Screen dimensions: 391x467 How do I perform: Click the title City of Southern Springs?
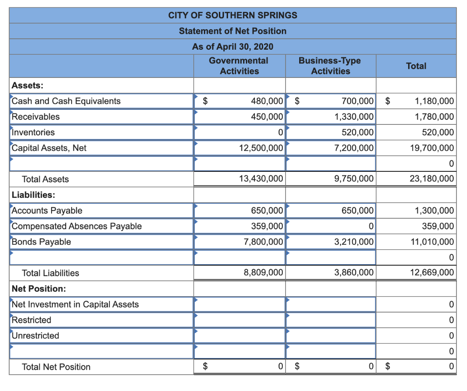pyautogui.click(x=233, y=15)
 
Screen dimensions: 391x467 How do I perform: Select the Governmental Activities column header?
pyautogui.click(x=239, y=66)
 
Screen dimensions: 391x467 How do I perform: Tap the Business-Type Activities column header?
pyautogui.click(x=330, y=66)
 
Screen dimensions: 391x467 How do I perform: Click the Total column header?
pyautogui.click(x=416, y=66)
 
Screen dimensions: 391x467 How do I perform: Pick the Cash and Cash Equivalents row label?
pyautogui.click(x=66, y=101)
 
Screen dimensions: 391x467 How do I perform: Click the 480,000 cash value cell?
pyautogui.click(x=267, y=101)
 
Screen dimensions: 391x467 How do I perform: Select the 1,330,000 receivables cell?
pyautogui.click(x=354, y=117)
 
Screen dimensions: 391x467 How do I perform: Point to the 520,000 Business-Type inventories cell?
pyautogui.click(x=358, y=133)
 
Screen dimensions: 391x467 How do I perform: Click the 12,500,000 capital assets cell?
pyautogui.click(x=261, y=148)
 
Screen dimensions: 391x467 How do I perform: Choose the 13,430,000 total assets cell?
pyautogui.click(x=261, y=179)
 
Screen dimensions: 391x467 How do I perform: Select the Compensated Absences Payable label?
pyautogui.click(x=77, y=226)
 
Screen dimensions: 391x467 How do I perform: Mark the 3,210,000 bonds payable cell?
pyautogui.click(x=354, y=242)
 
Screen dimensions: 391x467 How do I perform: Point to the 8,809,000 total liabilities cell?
pyautogui.click(x=264, y=273)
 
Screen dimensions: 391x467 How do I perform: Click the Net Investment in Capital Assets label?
pyautogui.click(x=75, y=304)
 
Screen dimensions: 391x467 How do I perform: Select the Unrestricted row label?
pyautogui.click(x=36, y=336)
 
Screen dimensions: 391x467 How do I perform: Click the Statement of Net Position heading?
pyautogui.click(x=233, y=31)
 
